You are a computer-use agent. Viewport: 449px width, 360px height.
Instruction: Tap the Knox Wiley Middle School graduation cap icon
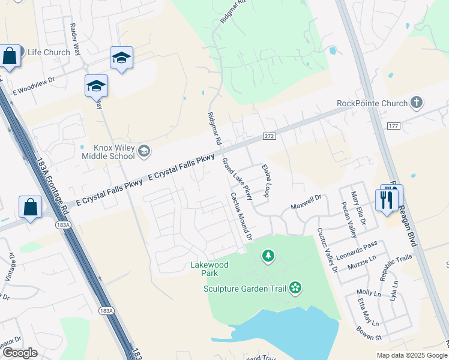(143, 151)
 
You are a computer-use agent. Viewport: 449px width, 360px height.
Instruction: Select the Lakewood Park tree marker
(268, 256)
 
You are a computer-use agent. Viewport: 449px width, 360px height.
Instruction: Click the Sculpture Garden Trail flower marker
(295, 289)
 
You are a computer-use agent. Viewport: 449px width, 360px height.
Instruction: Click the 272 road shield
(268, 137)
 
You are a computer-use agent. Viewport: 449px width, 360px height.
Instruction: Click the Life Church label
(45, 52)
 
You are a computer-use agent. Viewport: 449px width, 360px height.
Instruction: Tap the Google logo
(20, 353)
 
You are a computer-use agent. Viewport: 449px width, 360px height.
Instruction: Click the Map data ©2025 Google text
(411, 355)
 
